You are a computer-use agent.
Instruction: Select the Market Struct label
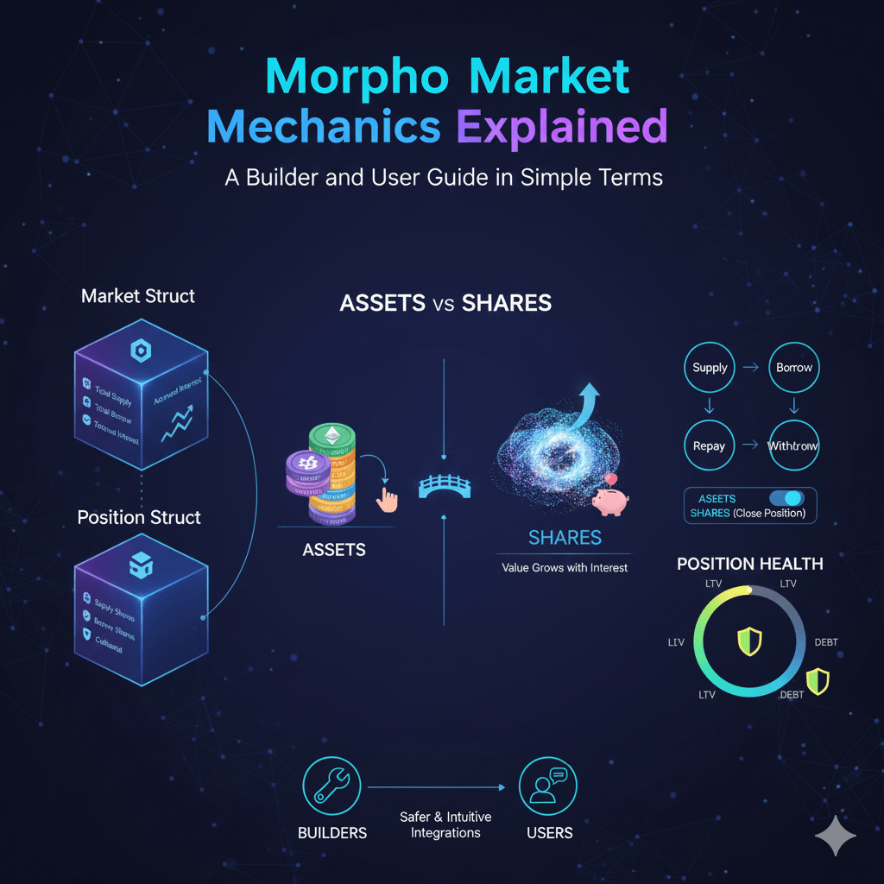pos(138,296)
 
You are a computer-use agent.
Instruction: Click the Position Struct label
pos(139,517)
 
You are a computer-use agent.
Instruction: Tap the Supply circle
pos(710,368)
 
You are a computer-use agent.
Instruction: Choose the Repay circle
pos(709,446)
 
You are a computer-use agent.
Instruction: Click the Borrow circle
pos(794,368)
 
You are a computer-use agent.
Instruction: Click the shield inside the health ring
pos(749,641)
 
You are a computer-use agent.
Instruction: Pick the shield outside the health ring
pos(817,682)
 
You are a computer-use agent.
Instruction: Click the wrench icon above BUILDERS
pos(331,786)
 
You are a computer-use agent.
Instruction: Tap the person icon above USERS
pos(548,786)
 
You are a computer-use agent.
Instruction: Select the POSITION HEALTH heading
pos(749,564)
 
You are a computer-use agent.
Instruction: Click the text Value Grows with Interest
pos(565,568)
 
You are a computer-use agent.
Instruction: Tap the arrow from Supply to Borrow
pos(751,368)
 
